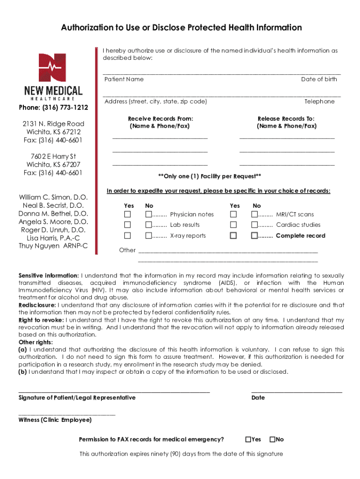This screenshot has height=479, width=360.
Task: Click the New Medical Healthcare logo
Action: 53,77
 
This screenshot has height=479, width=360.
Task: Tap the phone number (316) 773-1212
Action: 53,108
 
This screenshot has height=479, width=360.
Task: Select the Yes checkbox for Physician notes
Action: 127,214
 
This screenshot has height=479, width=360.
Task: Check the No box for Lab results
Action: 149,225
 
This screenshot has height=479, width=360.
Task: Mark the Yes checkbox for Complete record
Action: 233,236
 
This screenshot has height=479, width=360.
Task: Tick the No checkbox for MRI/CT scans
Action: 255,214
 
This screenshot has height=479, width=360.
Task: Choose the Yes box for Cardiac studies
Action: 233,225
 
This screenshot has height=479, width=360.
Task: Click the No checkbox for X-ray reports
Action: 149,236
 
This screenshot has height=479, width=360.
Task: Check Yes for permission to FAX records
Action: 248,439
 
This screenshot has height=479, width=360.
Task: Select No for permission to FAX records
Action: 272,439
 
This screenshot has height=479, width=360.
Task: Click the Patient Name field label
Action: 124,79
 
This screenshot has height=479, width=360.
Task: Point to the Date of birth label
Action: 319,79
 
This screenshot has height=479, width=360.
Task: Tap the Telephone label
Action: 319,102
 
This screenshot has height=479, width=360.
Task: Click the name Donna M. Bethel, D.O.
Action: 53,214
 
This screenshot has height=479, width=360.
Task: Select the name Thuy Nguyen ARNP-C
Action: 53,246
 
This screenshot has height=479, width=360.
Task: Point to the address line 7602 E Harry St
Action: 53,156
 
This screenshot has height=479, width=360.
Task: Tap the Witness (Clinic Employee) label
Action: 55,420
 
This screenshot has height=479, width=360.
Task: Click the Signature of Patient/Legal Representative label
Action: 77,398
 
